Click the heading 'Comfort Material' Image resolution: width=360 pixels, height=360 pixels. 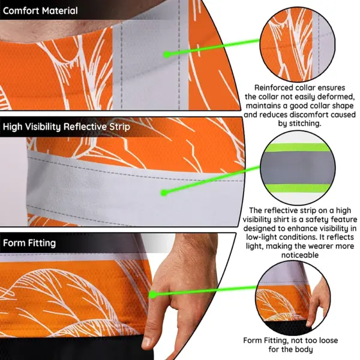(40, 11)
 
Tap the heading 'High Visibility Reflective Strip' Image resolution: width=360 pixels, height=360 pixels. (67, 127)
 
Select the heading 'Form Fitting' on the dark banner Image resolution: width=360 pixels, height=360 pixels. (29, 243)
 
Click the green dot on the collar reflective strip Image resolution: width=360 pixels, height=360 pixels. (167, 55)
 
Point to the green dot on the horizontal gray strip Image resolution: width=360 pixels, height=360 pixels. (164, 193)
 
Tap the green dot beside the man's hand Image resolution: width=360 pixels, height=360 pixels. (152, 295)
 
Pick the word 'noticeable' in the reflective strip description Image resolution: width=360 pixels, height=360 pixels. (300, 255)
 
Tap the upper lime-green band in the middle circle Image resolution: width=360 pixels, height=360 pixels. (298, 148)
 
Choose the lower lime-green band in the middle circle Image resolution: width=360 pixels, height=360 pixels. (298, 188)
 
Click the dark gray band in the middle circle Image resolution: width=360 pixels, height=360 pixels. (298, 167)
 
